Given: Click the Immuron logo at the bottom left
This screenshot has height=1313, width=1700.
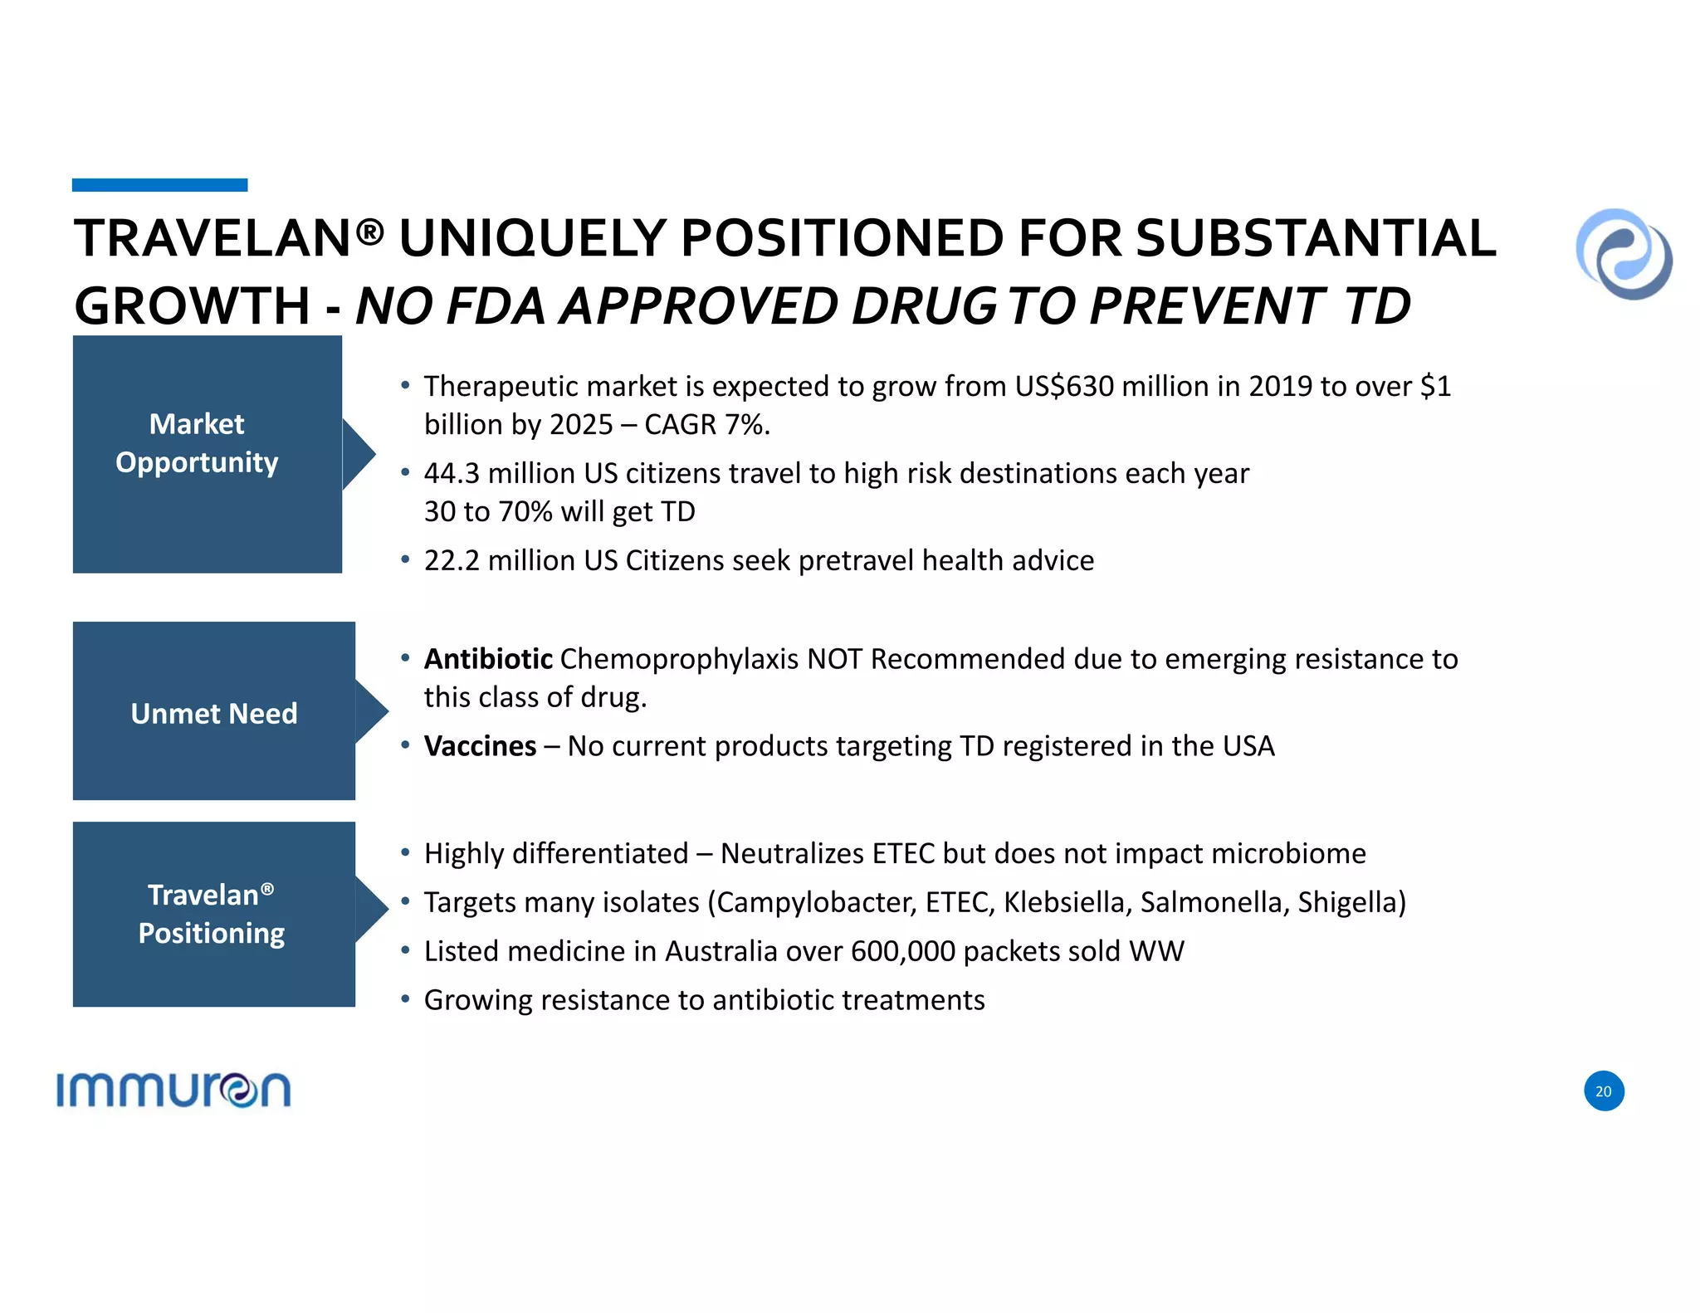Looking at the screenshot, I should click(173, 1090).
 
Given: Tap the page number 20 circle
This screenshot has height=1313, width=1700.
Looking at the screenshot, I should click(1603, 1091).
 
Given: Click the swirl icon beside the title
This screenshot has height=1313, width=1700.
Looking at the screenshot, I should click(1624, 254).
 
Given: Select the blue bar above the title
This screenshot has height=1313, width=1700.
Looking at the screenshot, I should click(159, 185).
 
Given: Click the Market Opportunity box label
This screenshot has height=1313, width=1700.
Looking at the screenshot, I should click(198, 443).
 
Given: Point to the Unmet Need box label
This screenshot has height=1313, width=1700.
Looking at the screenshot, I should click(214, 714).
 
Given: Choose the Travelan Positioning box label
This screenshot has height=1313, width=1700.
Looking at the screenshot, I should click(212, 914).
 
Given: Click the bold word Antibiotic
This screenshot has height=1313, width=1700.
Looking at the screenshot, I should click(488, 659).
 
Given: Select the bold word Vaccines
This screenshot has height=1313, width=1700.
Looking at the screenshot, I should click(480, 746).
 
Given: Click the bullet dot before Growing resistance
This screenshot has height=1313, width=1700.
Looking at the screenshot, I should click(405, 999).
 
